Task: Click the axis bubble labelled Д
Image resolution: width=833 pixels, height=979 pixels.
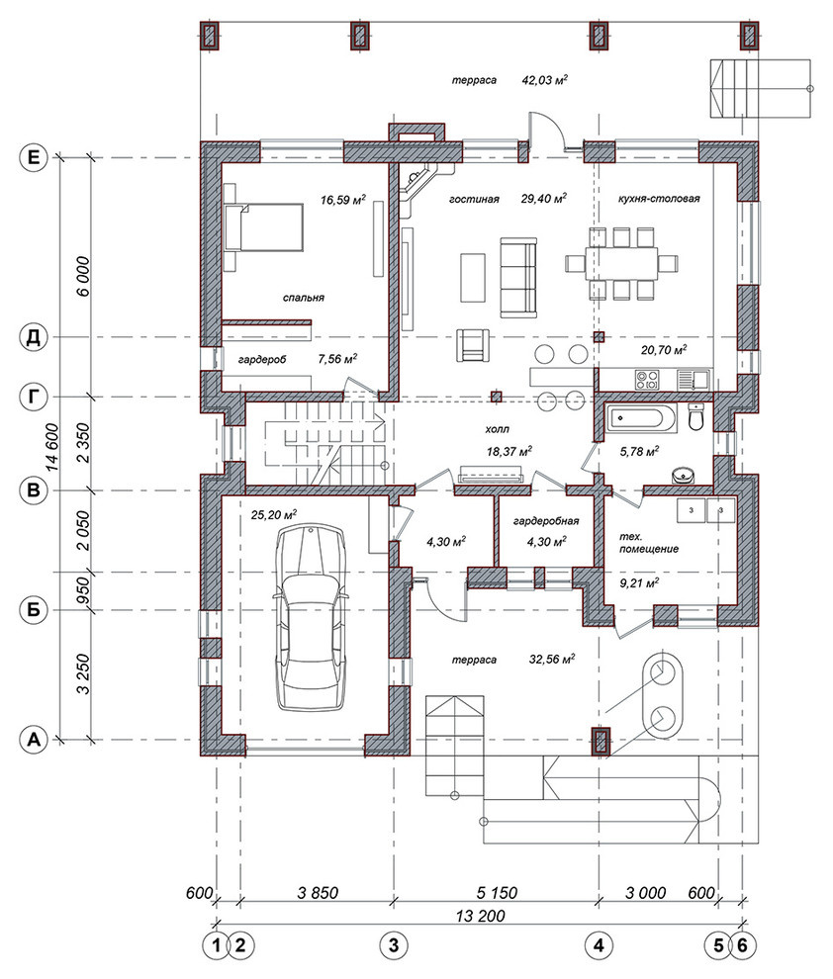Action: (x=33, y=338)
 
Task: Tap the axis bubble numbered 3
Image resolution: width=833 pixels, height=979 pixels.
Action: (x=394, y=945)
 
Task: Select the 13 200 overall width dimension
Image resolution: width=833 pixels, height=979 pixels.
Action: (x=480, y=916)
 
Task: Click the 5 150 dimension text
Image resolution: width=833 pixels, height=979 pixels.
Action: (x=497, y=892)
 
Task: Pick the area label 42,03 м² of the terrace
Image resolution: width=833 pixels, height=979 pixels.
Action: (x=544, y=80)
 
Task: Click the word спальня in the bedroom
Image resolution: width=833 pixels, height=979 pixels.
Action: (x=304, y=298)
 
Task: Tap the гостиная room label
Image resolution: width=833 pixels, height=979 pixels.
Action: (x=474, y=199)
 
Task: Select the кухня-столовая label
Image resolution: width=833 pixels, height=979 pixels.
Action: (x=659, y=199)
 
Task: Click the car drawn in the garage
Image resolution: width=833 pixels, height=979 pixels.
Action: (x=311, y=617)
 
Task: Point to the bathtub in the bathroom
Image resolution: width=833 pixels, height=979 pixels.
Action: (x=640, y=417)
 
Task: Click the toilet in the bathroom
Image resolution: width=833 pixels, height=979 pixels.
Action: (x=696, y=416)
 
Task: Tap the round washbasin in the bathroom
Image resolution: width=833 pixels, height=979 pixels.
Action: (x=684, y=476)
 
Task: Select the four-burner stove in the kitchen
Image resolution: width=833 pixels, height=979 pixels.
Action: (x=648, y=381)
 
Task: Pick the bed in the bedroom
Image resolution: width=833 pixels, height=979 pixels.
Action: (x=265, y=227)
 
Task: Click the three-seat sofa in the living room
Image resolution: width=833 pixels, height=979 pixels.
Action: (x=518, y=277)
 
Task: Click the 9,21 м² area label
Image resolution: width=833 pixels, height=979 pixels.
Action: (x=639, y=583)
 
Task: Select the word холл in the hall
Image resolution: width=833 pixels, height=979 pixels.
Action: (x=497, y=429)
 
